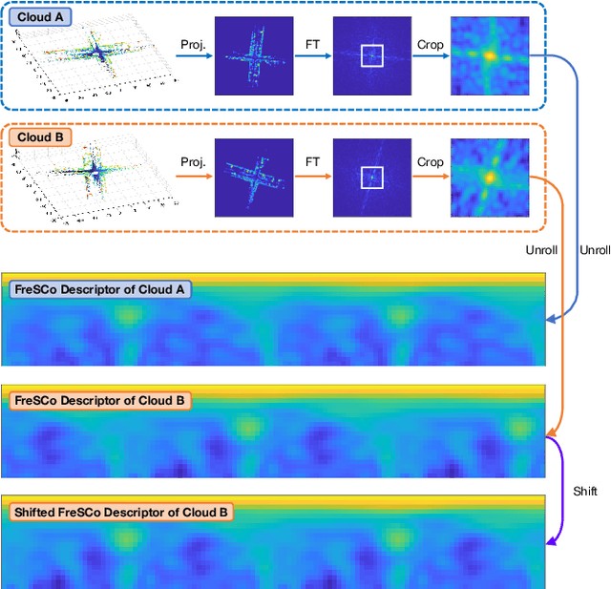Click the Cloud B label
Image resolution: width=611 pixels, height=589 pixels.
point(39,137)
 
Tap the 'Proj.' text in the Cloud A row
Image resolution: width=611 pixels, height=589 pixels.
point(193,44)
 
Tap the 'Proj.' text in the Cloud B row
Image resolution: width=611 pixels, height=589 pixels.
point(193,162)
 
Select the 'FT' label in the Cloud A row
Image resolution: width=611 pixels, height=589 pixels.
point(312,44)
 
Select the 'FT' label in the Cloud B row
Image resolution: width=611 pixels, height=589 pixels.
point(312,162)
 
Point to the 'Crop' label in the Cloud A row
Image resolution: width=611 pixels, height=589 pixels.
point(430,44)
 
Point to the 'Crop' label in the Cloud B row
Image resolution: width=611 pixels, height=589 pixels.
point(430,162)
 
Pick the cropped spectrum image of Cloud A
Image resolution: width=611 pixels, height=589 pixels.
point(489,56)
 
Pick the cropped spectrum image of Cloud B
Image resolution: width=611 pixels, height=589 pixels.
point(489,178)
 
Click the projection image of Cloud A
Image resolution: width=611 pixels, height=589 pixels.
point(251,56)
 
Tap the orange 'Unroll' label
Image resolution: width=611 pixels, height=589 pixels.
point(541,249)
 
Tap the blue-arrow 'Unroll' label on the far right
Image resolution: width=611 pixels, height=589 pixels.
point(594,249)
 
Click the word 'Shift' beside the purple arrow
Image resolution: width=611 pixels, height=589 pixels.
point(584,491)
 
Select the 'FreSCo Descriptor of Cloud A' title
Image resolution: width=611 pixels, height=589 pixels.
point(100,289)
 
